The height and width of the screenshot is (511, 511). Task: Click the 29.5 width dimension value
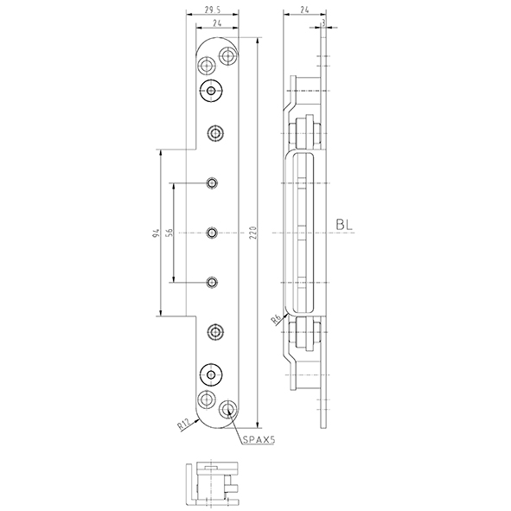213,10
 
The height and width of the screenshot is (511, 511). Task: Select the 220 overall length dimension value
254,233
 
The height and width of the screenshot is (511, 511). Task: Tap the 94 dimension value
156,233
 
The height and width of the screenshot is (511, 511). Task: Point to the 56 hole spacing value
169,233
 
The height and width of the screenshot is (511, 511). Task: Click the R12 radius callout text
183,425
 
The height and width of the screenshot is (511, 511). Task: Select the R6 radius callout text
276,320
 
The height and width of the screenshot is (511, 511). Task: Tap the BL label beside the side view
344,225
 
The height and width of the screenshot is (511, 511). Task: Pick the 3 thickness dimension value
323,22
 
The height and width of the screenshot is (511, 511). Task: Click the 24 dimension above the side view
304,10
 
